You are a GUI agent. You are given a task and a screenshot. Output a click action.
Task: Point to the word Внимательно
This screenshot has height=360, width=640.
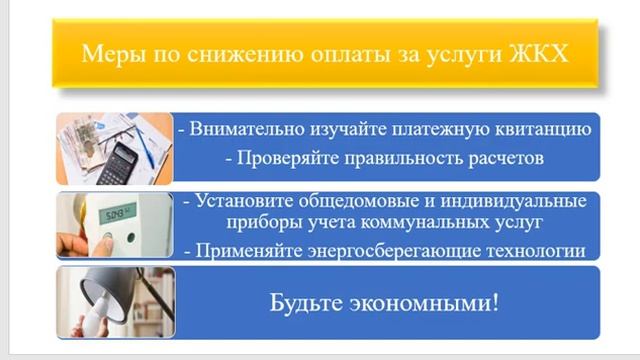245,129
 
